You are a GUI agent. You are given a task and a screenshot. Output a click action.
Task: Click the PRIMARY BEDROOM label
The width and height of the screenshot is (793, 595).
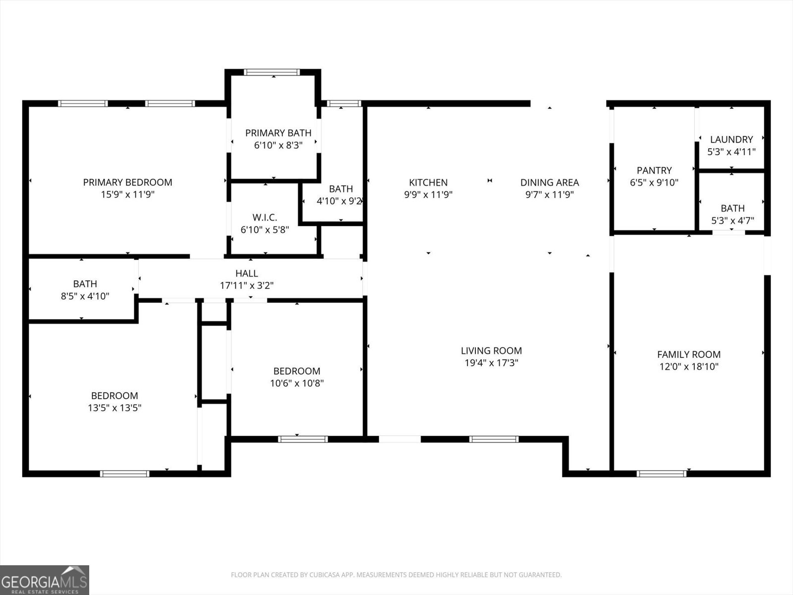pyautogui.click(x=127, y=182)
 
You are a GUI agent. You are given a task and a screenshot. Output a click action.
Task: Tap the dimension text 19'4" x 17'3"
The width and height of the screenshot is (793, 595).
pyautogui.click(x=491, y=363)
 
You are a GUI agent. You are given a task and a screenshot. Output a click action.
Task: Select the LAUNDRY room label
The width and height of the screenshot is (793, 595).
pyautogui.click(x=731, y=139)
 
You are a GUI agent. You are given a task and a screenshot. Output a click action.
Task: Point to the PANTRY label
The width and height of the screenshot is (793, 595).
pyautogui.click(x=654, y=170)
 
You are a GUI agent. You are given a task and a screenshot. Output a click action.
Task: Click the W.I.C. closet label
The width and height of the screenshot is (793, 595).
pyautogui.click(x=265, y=218)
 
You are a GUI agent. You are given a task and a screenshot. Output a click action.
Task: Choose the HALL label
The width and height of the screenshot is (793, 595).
pyautogui.click(x=246, y=273)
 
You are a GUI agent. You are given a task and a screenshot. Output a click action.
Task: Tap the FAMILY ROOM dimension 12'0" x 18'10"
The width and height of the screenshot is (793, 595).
pyautogui.click(x=688, y=367)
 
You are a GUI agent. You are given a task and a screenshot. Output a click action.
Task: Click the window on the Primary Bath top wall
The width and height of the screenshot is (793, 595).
pyautogui.click(x=272, y=72)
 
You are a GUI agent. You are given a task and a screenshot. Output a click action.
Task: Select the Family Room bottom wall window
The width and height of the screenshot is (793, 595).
pyautogui.click(x=661, y=474)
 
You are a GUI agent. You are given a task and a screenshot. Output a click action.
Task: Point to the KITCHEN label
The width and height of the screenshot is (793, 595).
pyautogui.click(x=428, y=182)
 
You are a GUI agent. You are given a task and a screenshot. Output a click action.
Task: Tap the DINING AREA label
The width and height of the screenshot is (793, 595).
pyautogui.click(x=549, y=182)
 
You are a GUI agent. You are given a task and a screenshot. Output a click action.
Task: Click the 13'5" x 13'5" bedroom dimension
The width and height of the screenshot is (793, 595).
pyautogui.click(x=114, y=408)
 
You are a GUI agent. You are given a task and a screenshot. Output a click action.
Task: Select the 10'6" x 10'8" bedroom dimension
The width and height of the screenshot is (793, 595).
pyautogui.click(x=296, y=383)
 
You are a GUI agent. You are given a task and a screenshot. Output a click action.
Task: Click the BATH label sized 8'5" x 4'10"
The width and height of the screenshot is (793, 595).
pyautogui.click(x=85, y=284)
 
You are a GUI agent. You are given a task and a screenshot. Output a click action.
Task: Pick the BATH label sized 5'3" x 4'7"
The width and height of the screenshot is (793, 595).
pyautogui.click(x=733, y=208)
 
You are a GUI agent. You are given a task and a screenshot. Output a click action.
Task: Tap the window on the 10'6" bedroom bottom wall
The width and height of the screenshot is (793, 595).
pyautogui.click(x=303, y=439)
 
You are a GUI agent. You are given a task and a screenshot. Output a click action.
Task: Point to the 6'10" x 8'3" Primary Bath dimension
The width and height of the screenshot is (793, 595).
pyautogui.click(x=278, y=145)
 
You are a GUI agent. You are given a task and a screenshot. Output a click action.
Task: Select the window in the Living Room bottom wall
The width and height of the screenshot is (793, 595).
pyautogui.click(x=494, y=439)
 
